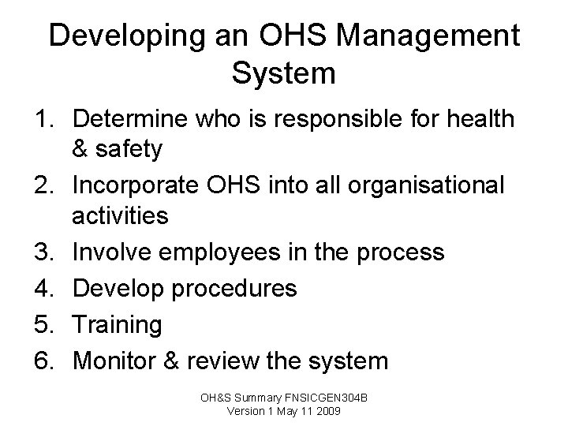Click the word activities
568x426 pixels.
[120, 215]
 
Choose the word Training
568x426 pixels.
[117, 325]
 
